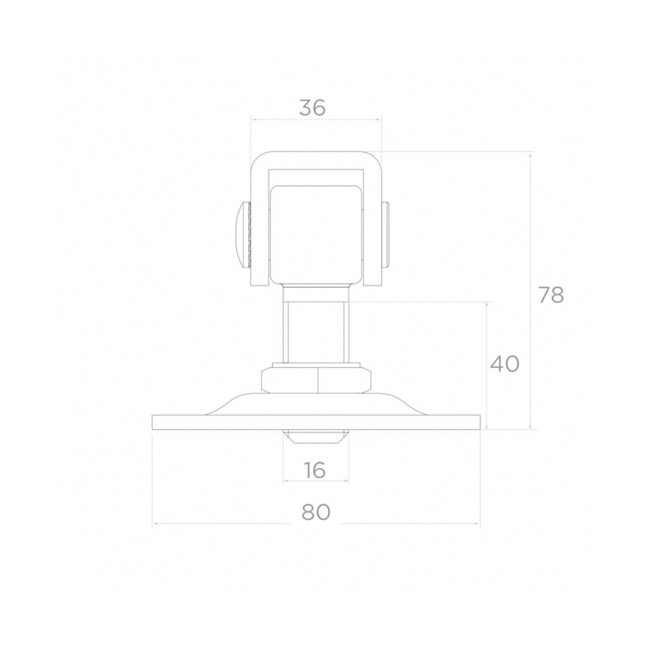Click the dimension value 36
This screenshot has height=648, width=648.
pyautogui.click(x=313, y=107)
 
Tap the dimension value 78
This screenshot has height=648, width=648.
pyautogui.click(x=551, y=295)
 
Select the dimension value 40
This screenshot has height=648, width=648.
pyautogui.click(x=505, y=364)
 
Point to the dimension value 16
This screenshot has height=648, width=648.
pyautogui.click(x=315, y=470)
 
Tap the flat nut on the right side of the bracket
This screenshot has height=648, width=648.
pyautogui.click(x=386, y=235)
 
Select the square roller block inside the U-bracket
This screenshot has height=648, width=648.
pyautogui.click(x=316, y=234)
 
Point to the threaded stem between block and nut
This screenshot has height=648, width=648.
pyautogui.click(x=316, y=333)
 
